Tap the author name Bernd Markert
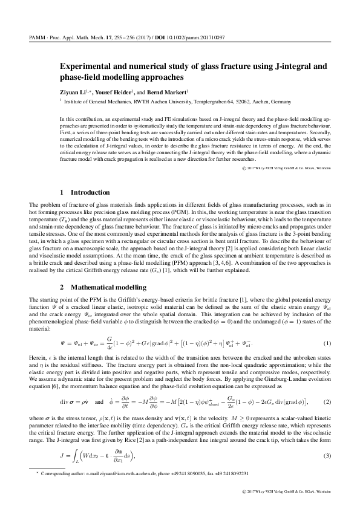tap(169, 92)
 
